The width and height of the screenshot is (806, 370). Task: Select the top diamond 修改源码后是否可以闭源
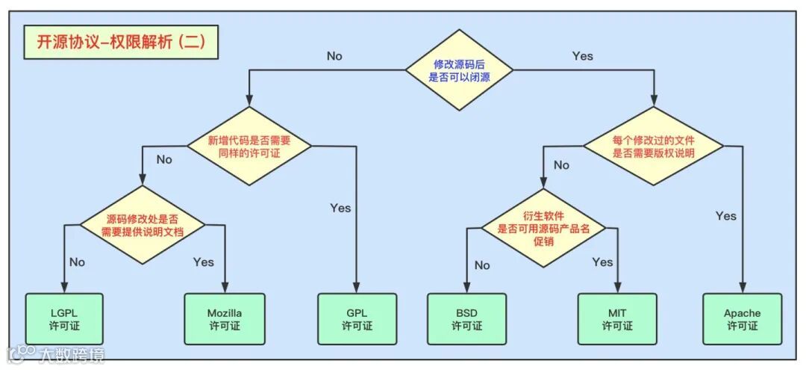[460, 70]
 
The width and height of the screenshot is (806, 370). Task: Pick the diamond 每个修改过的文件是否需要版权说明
[653, 146]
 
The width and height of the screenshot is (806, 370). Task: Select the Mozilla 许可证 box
[225, 319]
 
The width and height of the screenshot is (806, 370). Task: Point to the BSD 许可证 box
[466, 319]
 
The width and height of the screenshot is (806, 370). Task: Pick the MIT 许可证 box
[617, 319]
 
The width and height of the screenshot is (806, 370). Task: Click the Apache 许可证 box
[742, 319]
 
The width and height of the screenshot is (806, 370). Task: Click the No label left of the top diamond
[335, 55]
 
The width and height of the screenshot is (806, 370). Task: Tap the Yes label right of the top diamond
[583, 56]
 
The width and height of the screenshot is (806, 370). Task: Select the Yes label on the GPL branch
[340, 208]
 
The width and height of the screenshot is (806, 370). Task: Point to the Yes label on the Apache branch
[725, 216]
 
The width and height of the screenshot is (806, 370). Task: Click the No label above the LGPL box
[77, 262]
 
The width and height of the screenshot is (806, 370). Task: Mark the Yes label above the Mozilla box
[203, 262]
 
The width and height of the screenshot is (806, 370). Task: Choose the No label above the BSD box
[482, 265]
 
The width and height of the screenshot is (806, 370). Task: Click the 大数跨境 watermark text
[72, 354]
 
